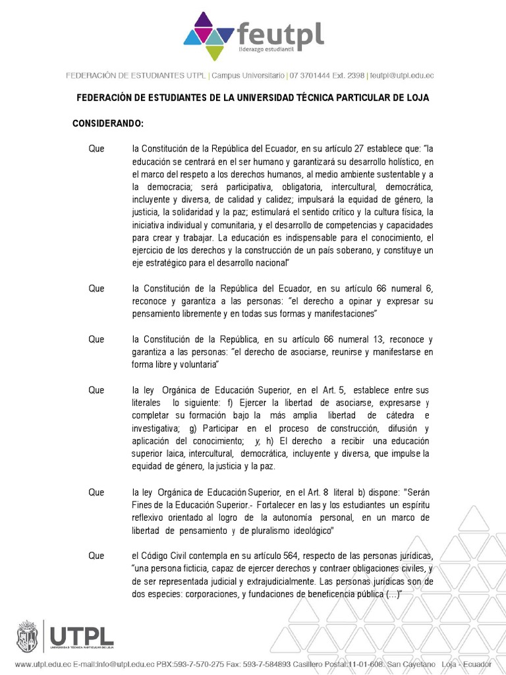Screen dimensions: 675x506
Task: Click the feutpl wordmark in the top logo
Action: [280, 33]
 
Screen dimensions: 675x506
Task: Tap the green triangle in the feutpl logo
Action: [214, 52]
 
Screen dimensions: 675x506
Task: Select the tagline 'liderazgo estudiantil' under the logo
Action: [267, 51]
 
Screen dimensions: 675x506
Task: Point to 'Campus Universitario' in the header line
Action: [248, 76]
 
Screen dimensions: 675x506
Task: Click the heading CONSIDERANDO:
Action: [107, 124]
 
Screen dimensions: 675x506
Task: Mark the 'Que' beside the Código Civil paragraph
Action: [96, 556]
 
